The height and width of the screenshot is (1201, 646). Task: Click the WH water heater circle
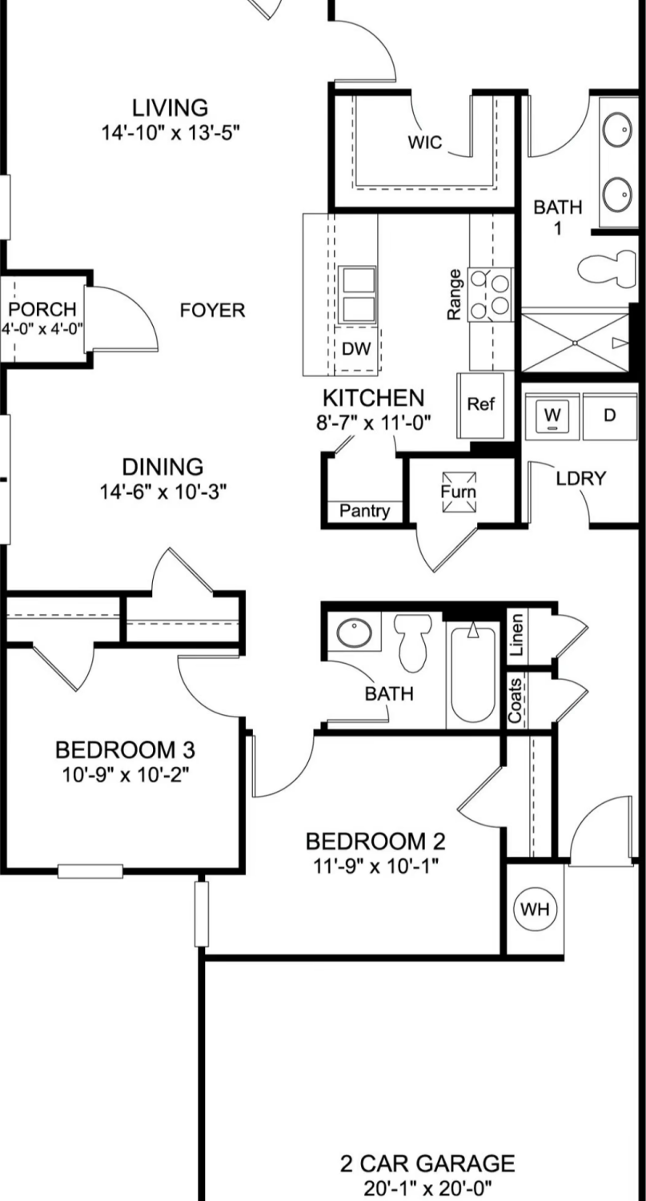(x=535, y=909)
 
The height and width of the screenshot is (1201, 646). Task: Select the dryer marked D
(x=609, y=416)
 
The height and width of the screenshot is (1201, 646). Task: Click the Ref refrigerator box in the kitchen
(x=480, y=405)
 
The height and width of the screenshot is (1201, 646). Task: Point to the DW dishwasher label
(x=356, y=349)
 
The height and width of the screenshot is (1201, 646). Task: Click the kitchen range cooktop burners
(x=490, y=295)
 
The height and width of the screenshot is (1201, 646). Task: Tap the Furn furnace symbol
(x=459, y=492)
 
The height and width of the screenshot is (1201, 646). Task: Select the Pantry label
(x=364, y=511)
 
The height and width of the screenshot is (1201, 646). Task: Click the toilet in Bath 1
(x=607, y=268)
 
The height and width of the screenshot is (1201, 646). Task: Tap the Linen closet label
(x=516, y=635)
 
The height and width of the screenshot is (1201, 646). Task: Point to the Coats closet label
(x=516, y=701)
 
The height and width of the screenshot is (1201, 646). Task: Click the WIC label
(x=425, y=142)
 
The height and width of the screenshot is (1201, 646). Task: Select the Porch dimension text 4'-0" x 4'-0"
(x=42, y=328)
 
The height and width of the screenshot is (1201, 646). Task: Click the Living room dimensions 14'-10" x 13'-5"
(x=171, y=132)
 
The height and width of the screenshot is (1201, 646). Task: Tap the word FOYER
(x=212, y=310)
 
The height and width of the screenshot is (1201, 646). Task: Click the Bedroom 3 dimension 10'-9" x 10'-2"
(x=126, y=774)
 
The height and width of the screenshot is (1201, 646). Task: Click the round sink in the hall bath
(x=354, y=633)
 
